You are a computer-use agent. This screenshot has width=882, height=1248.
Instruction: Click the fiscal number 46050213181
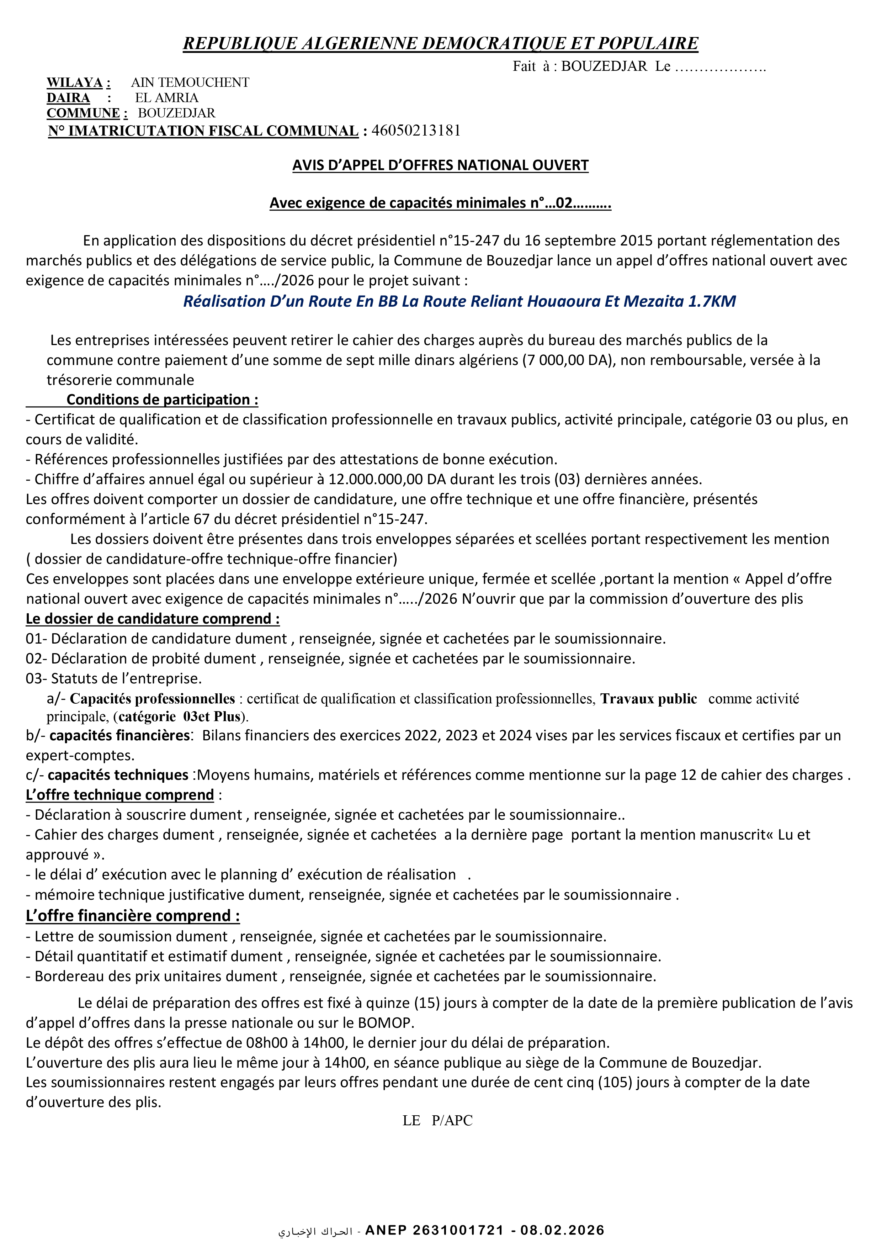(416, 131)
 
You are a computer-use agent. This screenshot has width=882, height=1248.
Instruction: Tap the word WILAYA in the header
(74, 83)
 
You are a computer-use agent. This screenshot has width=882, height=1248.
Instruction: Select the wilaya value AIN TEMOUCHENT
(190, 83)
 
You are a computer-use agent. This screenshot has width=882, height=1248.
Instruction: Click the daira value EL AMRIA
(166, 98)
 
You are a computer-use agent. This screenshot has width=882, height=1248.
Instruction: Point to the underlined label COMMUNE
(83, 113)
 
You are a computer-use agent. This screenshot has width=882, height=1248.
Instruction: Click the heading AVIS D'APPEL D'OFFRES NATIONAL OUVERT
(440, 165)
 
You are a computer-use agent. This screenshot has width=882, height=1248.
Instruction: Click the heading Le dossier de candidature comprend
(153, 619)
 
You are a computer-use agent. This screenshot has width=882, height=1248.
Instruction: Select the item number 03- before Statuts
(36, 678)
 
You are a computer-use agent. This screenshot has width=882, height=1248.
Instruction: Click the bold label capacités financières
(119, 735)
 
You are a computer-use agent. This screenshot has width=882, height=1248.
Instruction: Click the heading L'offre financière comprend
(133, 915)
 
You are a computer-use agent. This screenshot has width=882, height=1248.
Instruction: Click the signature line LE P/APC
(437, 1120)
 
